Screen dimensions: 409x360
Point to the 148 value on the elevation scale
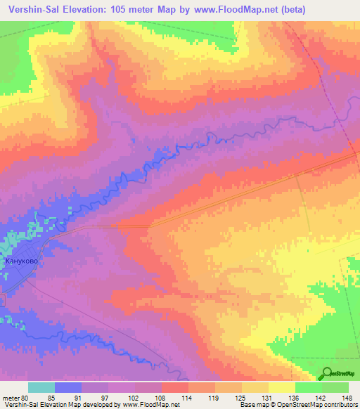(x=347, y=398)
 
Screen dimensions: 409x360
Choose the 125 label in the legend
(x=241, y=398)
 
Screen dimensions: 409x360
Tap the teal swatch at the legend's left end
(x=41, y=387)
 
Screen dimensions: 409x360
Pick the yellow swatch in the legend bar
(x=281, y=387)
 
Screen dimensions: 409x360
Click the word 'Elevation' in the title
(x=83, y=9)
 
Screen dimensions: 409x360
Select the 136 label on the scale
(x=294, y=398)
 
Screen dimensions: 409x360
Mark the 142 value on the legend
(x=321, y=398)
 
